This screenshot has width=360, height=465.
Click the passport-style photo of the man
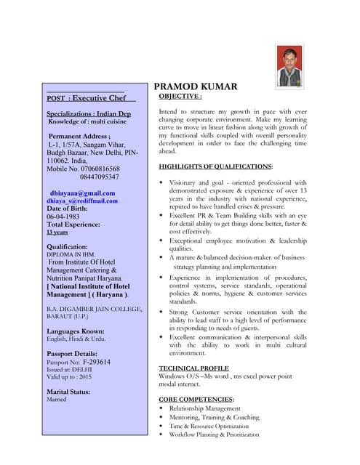(x=290, y=66)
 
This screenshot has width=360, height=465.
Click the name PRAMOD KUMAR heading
(x=196, y=87)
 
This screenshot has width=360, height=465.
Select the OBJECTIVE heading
(x=180, y=96)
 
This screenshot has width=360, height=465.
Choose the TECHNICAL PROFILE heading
(x=193, y=368)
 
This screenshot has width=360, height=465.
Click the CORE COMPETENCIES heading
(x=196, y=400)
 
